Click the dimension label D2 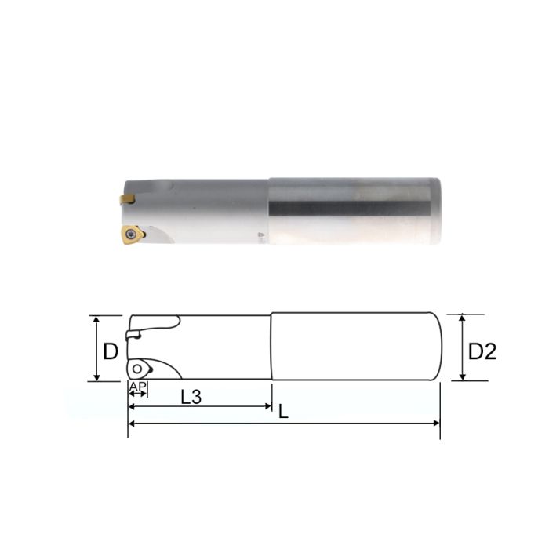482,351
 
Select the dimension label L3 191,397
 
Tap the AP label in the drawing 137,387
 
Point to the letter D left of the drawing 111,351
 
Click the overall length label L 283,411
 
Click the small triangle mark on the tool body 261,235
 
